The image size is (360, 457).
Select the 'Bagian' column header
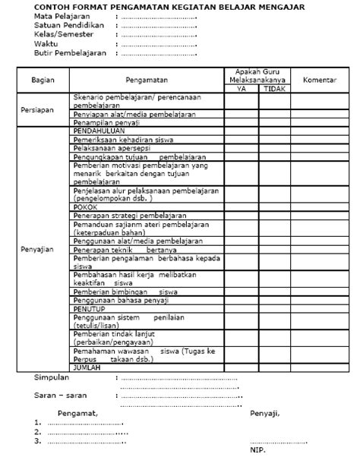[43, 79]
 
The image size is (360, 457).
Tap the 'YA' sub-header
[242, 88]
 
